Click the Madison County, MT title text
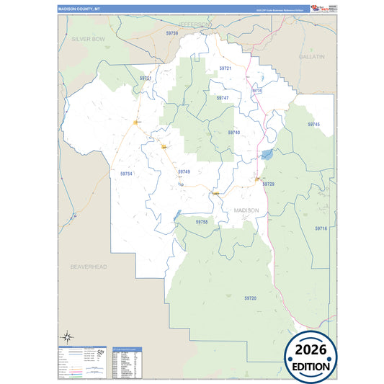(x=79, y=10)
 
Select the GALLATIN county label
(x=312, y=55)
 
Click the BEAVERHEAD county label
(x=89, y=267)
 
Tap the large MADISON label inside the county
(x=247, y=210)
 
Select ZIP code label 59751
(x=146, y=78)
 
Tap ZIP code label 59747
(x=222, y=97)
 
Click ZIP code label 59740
(x=233, y=133)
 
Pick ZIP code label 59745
(x=313, y=125)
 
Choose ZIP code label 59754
(x=127, y=174)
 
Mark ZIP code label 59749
(x=184, y=171)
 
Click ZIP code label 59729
(x=268, y=184)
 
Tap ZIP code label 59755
(x=202, y=222)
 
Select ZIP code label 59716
(x=321, y=228)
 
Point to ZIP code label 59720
(x=250, y=298)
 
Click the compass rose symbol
(x=66, y=336)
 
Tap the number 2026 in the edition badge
(x=310, y=349)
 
